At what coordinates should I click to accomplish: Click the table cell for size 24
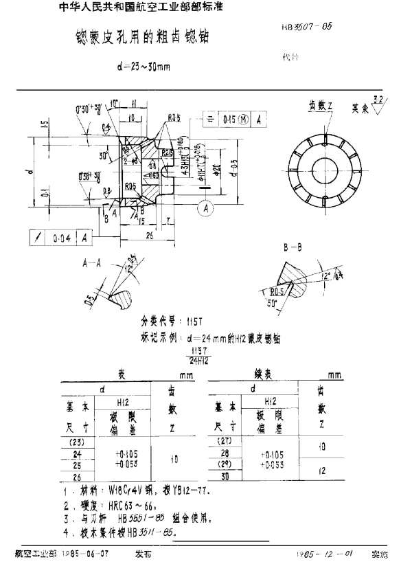click(x=76, y=454)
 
